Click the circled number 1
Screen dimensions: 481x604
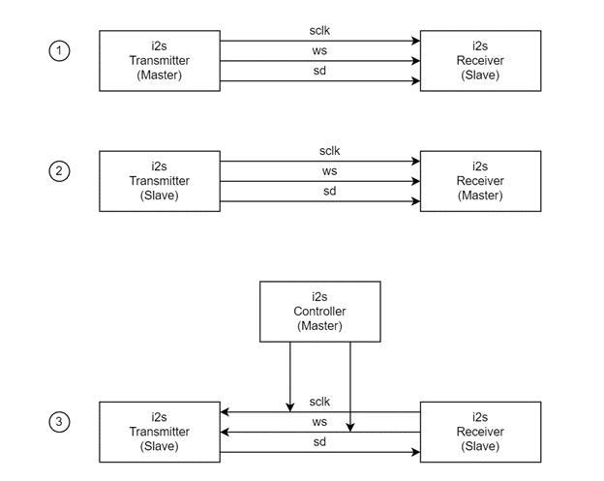pos(59,51)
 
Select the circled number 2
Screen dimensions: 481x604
pos(59,172)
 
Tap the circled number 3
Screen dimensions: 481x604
pos(59,422)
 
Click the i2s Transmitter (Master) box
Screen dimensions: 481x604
pos(162,60)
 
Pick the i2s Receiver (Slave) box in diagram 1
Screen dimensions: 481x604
pos(481,60)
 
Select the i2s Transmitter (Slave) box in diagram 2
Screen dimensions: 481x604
pos(162,181)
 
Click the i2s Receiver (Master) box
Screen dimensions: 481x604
pos(481,181)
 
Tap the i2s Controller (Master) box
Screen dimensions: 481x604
pos(320,311)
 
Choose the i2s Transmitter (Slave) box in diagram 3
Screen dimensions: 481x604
pos(162,432)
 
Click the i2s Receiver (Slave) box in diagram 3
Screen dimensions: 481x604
pos(481,432)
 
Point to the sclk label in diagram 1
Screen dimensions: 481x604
pos(321,31)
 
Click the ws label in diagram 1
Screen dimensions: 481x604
pos(321,51)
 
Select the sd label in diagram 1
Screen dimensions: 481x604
pos(321,71)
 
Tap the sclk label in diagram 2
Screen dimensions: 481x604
pos(329,151)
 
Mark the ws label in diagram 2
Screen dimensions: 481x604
pos(329,171)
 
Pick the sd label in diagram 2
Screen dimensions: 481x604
pos(329,192)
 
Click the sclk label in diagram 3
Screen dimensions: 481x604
pos(321,402)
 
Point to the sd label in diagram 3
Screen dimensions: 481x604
pos(321,442)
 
